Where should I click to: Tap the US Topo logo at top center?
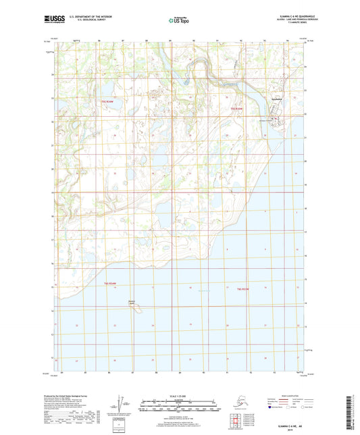tap(179, 20)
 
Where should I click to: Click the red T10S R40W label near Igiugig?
tap(236, 108)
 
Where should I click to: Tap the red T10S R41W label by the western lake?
tap(107, 101)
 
